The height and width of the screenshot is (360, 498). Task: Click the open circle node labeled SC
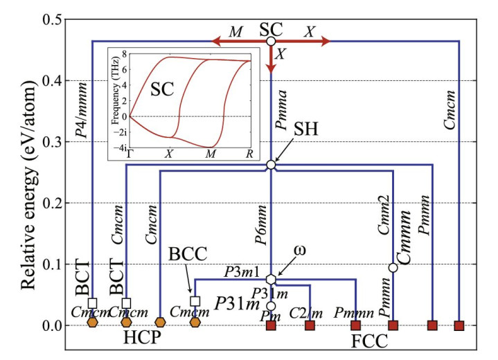pos(271,42)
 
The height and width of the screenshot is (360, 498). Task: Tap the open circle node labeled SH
pos(271,165)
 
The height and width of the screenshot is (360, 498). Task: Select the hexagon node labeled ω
pos(271,279)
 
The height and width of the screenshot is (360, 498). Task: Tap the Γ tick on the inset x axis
pos(130,153)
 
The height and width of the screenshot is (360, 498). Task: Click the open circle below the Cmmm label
pos(393,268)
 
